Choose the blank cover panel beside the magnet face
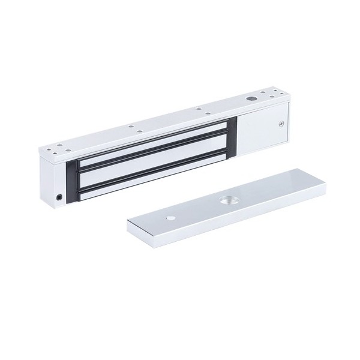[264, 129]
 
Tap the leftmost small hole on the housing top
[46, 148]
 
